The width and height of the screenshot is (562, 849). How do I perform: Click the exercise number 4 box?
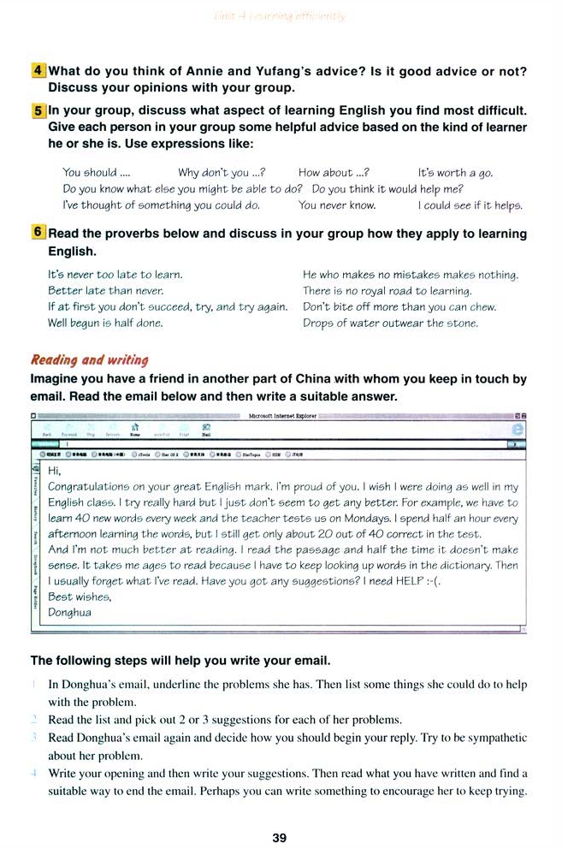click(38, 71)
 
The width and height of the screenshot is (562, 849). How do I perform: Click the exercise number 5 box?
click(38, 110)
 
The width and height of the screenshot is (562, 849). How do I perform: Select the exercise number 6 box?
click(38, 233)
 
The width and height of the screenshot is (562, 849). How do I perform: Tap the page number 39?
click(279, 838)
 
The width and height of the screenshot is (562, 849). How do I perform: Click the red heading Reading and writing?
click(89, 359)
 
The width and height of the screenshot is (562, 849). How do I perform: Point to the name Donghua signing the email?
click(69, 612)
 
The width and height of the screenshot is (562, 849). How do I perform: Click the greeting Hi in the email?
click(55, 470)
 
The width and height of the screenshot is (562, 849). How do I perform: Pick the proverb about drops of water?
click(390, 323)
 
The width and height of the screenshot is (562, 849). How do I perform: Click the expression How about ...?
click(334, 173)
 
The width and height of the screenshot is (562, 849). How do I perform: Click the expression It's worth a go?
click(455, 173)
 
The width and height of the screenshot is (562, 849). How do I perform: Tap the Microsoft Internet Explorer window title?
click(282, 416)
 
